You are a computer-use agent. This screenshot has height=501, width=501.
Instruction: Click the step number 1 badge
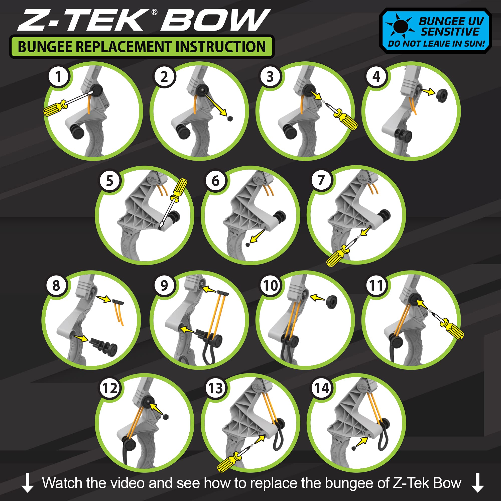point(58,77)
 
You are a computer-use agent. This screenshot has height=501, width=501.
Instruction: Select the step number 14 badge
point(322,388)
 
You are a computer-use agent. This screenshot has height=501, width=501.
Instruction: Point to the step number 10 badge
point(271,286)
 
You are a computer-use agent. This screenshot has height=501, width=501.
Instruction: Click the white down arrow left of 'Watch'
point(28,483)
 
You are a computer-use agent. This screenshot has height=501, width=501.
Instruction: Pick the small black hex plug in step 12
point(166,417)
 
